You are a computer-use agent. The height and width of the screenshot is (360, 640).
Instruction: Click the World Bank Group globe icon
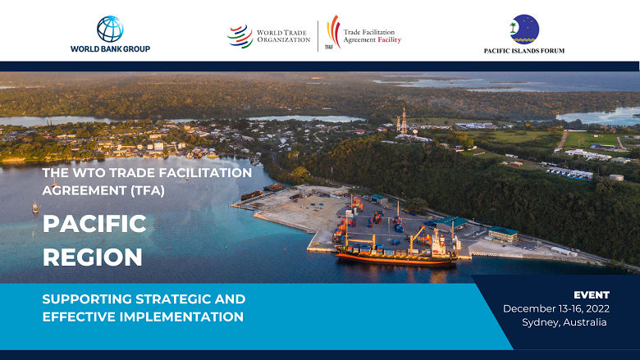[110, 29]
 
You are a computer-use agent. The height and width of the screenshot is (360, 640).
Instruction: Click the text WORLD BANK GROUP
[110, 49]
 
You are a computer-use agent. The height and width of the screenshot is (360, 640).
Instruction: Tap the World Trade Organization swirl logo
[240, 36]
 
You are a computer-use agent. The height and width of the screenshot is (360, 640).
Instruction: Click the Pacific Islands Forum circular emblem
[524, 29]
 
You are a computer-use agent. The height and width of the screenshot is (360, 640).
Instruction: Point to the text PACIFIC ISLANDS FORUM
[524, 51]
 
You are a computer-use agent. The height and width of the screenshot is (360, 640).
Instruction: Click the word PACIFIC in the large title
[94, 223]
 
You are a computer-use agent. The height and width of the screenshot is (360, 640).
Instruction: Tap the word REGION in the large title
[93, 257]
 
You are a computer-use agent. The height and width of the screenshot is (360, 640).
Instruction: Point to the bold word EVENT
[592, 294]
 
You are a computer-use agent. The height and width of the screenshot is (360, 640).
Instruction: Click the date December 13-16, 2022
[555, 308]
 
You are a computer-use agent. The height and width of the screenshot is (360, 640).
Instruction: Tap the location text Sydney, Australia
[565, 322]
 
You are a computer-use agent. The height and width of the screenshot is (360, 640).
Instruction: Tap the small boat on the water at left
[35, 207]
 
